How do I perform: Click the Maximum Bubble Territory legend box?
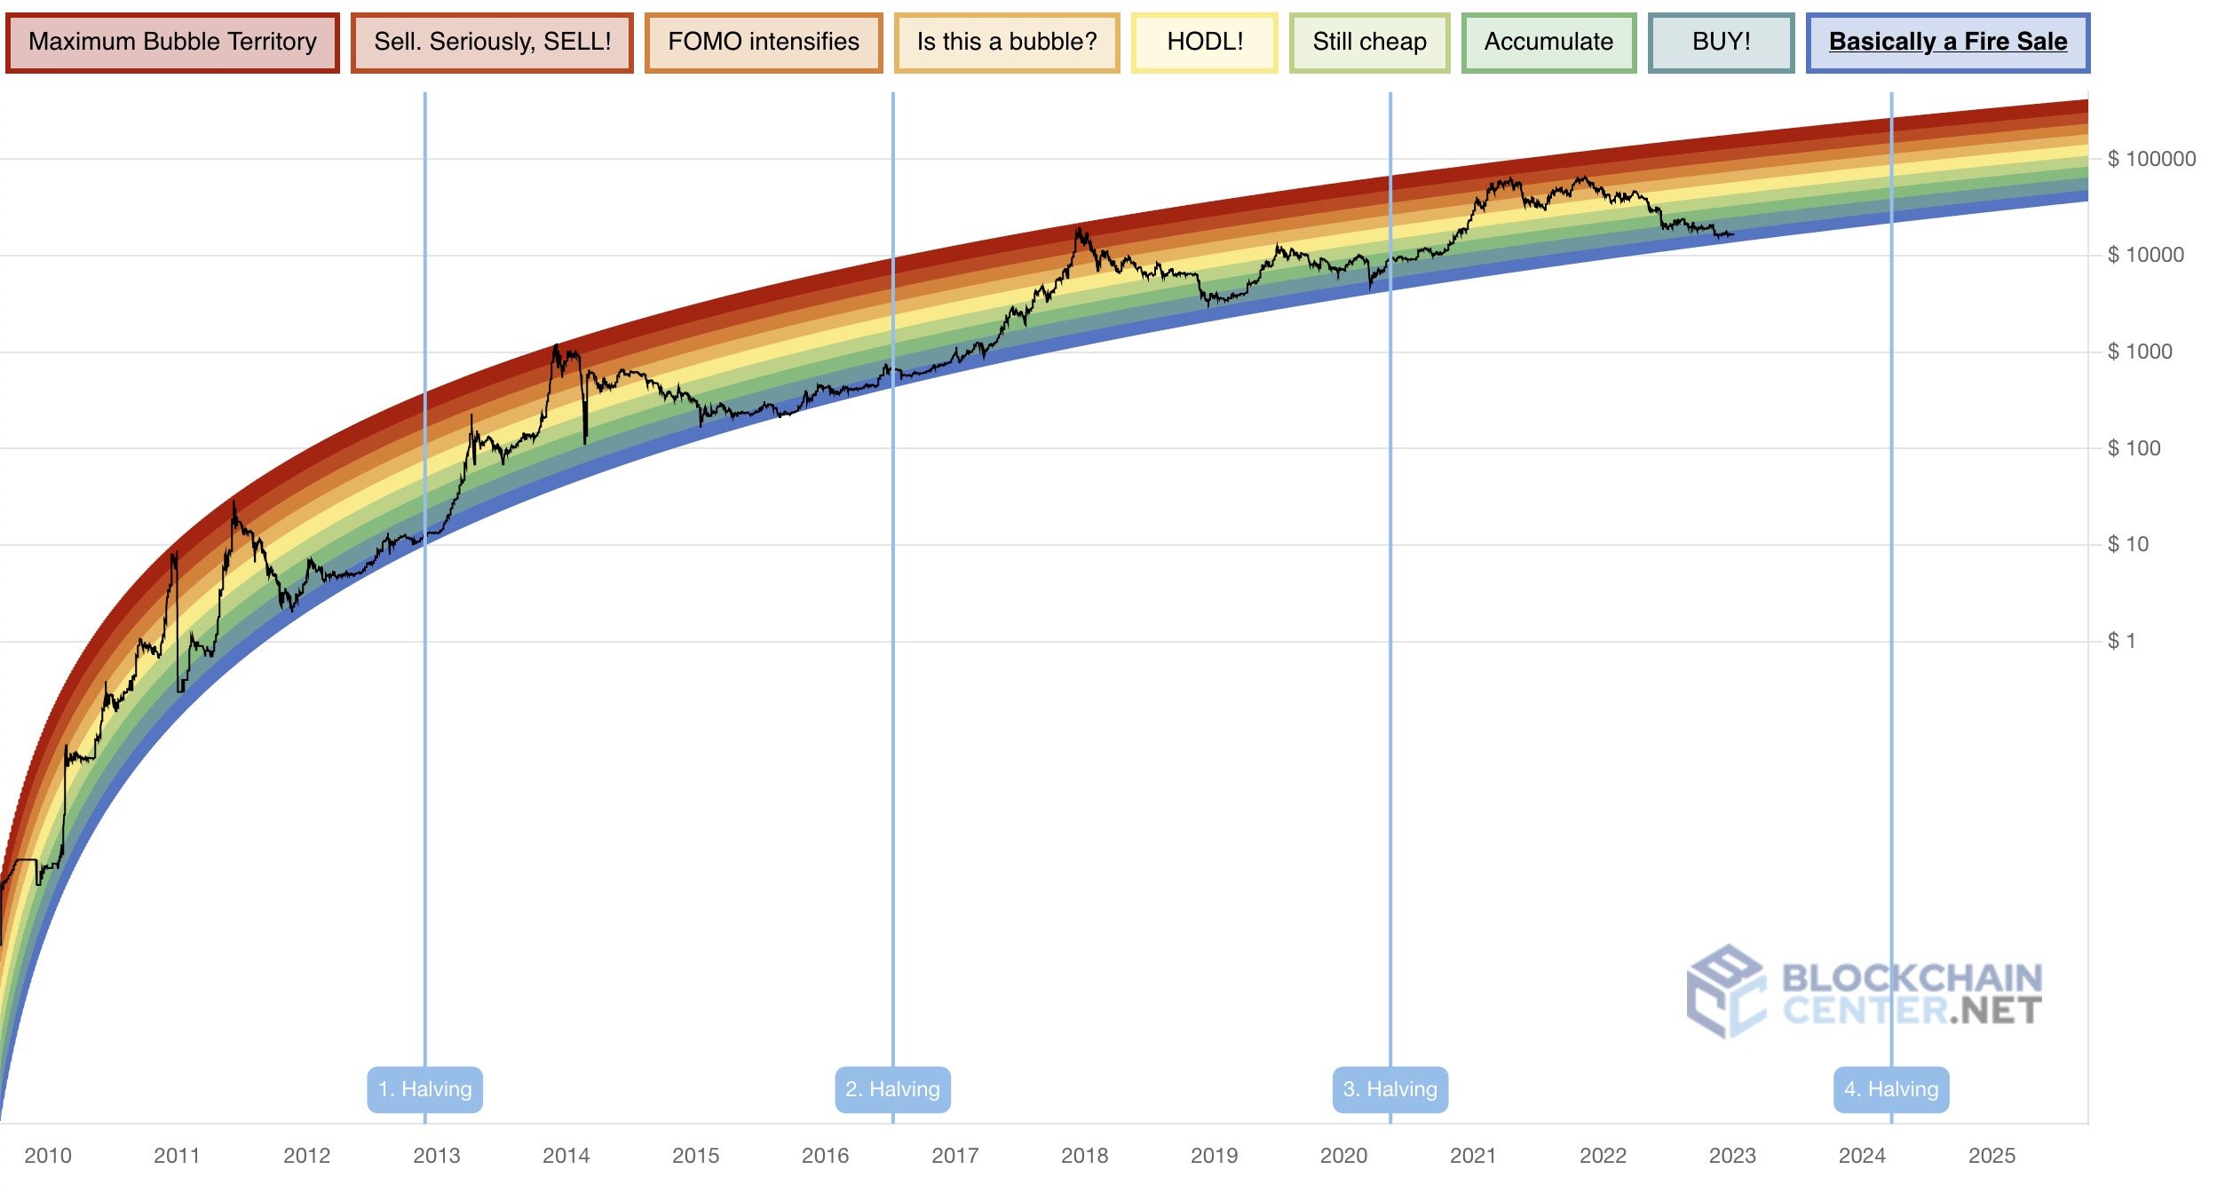(x=172, y=43)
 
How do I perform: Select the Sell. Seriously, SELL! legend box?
(x=492, y=43)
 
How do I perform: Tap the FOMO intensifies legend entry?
(x=764, y=43)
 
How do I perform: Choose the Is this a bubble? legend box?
(x=1007, y=43)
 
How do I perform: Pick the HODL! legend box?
(x=1205, y=43)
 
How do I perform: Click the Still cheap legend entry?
(x=1369, y=43)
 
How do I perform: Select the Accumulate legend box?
(x=1548, y=43)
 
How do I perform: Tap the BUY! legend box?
(x=1721, y=43)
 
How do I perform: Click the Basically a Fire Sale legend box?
(x=1948, y=43)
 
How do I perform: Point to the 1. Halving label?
(x=425, y=1089)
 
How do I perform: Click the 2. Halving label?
(x=892, y=1089)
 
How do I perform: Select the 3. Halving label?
(x=1390, y=1089)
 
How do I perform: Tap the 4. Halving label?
(x=1891, y=1089)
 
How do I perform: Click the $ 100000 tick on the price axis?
(x=2151, y=160)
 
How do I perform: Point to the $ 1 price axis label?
(x=2121, y=641)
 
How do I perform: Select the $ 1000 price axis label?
(x=2140, y=352)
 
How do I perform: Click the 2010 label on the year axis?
(x=48, y=1156)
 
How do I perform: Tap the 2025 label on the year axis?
(x=1991, y=1156)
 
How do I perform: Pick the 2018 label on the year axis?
(x=1084, y=1156)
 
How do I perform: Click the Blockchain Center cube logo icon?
(x=1725, y=992)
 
